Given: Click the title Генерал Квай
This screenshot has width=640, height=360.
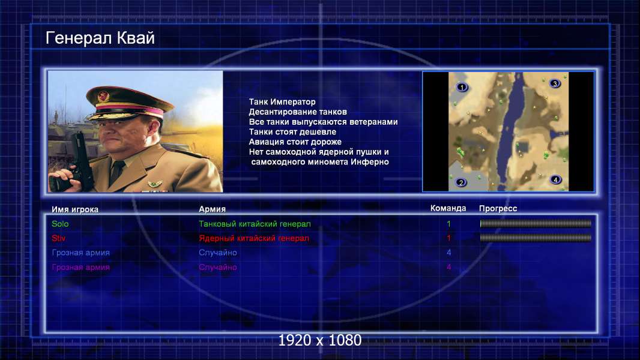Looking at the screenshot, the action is [x=100, y=38].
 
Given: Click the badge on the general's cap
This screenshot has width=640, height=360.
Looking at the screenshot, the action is [x=104, y=97].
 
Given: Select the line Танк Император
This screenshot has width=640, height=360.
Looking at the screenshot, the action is [x=282, y=102].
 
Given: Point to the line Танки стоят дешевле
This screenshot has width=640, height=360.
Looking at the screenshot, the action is [x=292, y=131].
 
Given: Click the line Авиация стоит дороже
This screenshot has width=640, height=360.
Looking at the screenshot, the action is [x=295, y=142].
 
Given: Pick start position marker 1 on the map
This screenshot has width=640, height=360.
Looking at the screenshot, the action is [x=462, y=87].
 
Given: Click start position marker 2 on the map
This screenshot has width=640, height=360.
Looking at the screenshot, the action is [x=461, y=182].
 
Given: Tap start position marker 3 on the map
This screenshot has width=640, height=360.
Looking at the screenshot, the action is [x=555, y=83].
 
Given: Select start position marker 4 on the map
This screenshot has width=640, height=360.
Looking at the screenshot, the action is [x=555, y=179].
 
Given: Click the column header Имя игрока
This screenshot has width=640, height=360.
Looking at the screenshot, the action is [x=74, y=209].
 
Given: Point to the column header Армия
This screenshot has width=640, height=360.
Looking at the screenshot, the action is [x=213, y=209].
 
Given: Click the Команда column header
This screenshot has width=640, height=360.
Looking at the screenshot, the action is [x=448, y=208].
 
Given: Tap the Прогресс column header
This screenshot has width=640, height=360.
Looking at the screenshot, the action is [x=498, y=209].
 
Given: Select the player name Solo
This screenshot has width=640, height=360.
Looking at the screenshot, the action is [x=60, y=224].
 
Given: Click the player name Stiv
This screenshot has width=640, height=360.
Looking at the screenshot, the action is [x=58, y=238].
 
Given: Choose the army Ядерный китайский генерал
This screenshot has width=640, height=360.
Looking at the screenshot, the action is [x=254, y=238].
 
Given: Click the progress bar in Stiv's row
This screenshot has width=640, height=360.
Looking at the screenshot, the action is [x=536, y=238].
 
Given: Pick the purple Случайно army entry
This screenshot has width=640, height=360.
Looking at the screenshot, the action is [x=217, y=268].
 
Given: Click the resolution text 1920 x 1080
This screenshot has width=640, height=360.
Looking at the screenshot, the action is [x=319, y=340].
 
